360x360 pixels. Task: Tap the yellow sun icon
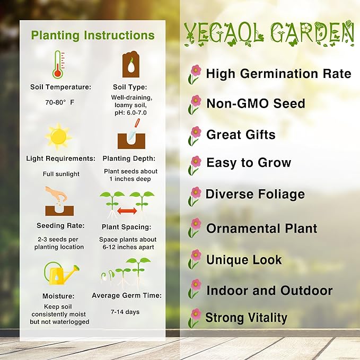[x=58, y=136]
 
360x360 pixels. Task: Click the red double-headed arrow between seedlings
[x=127, y=211]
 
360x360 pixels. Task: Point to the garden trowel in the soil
[x=136, y=127]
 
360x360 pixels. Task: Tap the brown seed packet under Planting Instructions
[x=130, y=65]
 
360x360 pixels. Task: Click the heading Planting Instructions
[x=93, y=36]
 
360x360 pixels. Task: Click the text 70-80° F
[x=60, y=101]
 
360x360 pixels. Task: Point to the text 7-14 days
[x=126, y=312]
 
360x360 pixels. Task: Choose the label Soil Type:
[x=130, y=87]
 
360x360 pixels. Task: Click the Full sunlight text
[x=61, y=174]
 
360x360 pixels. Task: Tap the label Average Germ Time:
[x=127, y=296]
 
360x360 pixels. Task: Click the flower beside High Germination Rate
[x=195, y=74]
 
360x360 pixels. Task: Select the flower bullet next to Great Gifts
[x=195, y=135]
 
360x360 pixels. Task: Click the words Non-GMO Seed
[x=256, y=103]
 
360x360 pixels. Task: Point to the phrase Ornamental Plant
[x=261, y=229]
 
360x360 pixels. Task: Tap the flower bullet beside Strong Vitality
[x=195, y=317]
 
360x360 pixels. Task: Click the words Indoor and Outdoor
[x=269, y=291]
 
